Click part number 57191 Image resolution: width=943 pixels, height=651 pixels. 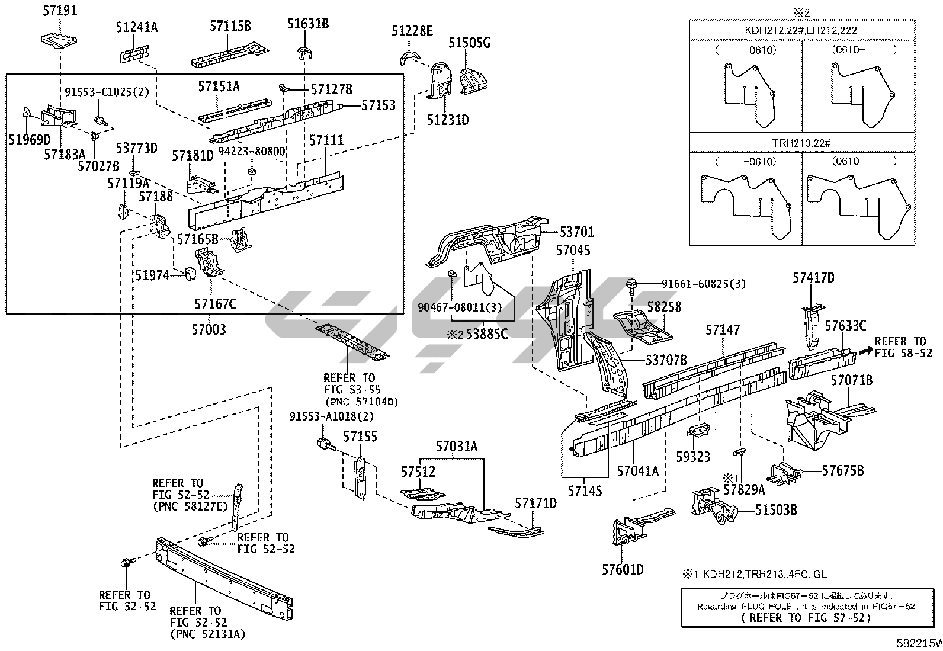pyautogui.click(x=60, y=11)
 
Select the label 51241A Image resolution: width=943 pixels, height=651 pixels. pyautogui.click(x=137, y=27)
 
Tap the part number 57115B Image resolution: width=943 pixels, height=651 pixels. pyautogui.click(x=230, y=25)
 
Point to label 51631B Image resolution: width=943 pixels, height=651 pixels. pyautogui.click(x=308, y=24)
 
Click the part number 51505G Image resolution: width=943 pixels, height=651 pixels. pyautogui.click(x=469, y=43)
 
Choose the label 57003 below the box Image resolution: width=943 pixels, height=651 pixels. pyautogui.click(x=209, y=329)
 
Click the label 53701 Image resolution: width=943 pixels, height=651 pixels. pyautogui.click(x=576, y=232)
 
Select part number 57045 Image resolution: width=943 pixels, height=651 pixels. pyautogui.click(x=573, y=251)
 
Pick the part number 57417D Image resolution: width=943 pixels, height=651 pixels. pyautogui.click(x=814, y=277)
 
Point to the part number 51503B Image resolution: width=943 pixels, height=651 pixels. pyautogui.click(x=776, y=509)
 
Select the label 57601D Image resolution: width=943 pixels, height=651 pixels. pyautogui.click(x=623, y=569)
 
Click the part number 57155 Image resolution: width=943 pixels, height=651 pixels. pyautogui.click(x=360, y=437)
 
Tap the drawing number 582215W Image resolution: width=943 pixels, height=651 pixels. pyautogui.click(x=919, y=643)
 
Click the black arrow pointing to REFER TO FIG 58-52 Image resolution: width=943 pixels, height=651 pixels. pyautogui.click(x=865, y=351)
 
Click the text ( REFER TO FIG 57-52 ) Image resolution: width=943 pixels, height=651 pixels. pyautogui.click(x=806, y=617)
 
